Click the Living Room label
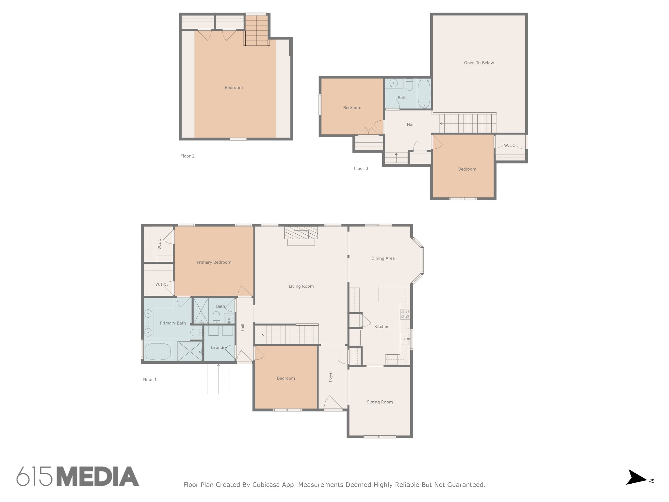301,286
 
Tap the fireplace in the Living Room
301,236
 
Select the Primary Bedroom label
214,262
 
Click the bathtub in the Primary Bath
158,351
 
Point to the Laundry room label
219,347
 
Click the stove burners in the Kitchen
405,314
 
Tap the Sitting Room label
380,402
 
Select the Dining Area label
383,258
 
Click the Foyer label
330,376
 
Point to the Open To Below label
479,63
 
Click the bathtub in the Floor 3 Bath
424,93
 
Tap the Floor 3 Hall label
411,125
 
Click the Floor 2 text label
188,156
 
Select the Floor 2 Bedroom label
234,88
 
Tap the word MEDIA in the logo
98,476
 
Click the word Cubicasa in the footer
266,485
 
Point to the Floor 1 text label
150,380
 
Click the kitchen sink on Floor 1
405,339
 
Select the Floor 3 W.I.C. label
510,145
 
